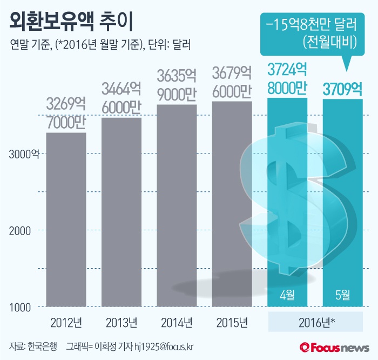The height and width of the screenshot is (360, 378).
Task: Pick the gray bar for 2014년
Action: point(176,205)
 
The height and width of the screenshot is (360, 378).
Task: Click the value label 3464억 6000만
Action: point(122,98)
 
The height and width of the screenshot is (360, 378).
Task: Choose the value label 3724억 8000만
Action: point(287,78)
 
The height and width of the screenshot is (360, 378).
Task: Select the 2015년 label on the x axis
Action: point(232,323)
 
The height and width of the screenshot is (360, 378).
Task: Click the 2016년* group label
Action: point(315,323)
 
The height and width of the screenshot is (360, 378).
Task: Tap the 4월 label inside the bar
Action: point(287,295)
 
